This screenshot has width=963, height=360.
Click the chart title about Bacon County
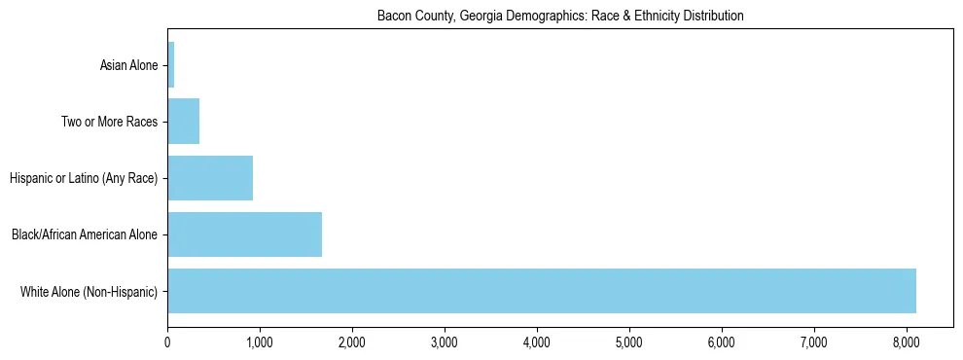click(x=559, y=17)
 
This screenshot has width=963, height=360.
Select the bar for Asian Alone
click(x=171, y=65)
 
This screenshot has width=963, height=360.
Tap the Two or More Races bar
click(x=184, y=122)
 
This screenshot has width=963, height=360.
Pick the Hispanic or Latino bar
click(x=210, y=178)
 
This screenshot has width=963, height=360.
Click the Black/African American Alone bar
click(x=244, y=234)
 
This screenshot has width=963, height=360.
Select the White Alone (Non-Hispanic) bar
click(x=542, y=291)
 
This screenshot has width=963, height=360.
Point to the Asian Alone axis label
click(x=128, y=66)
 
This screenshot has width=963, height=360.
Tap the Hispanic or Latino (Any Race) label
click(x=83, y=179)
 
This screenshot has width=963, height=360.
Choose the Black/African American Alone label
click(x=84, y=234)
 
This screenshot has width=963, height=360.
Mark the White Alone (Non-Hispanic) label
click(x=89, y=291)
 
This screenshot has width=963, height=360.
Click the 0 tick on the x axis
click(x=167, y=342)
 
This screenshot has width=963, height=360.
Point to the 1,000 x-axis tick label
click(x=260, y=342)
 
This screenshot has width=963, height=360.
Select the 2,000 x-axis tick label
click(x=352, y=342)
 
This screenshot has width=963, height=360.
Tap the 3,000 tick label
click(x=445, y=342)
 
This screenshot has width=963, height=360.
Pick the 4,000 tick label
click(x=537, y=342)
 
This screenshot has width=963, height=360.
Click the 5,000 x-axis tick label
click(x=629, y=342)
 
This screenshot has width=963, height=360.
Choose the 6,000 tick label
click(x=722, y=342)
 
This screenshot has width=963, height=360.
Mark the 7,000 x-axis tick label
click(x=814, y=342)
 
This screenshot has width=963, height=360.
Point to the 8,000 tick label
click(x=907, y=342)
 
